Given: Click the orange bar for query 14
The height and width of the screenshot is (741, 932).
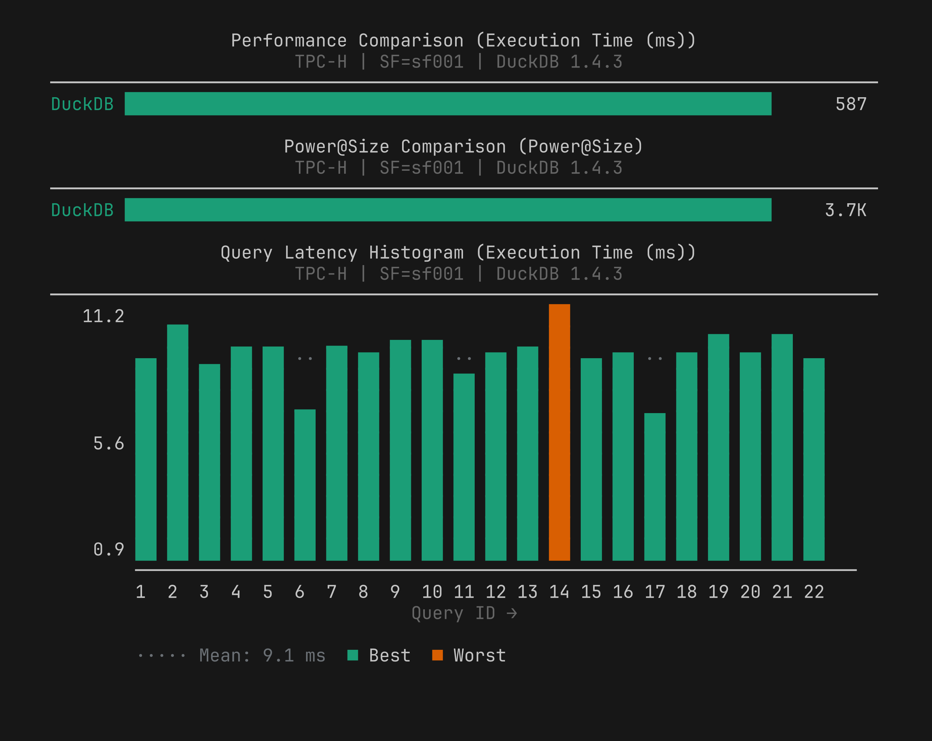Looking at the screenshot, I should (x=559, y=432).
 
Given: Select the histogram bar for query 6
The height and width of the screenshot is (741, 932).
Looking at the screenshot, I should (x=305, y=484).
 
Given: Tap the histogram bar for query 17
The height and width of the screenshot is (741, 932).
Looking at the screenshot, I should (x=655, y=486).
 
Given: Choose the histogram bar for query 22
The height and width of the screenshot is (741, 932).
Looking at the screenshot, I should (x=814, y=459).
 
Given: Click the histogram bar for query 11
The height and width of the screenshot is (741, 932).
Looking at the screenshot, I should (x=464, y=467).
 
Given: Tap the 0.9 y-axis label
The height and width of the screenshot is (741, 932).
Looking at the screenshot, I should (x=109, y=549).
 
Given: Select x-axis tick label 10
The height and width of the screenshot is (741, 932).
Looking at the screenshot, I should (x=432, y=592).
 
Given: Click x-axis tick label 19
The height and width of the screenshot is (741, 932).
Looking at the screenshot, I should (x=718, y=592).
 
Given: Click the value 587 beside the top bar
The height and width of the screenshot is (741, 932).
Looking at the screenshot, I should (x=851, y=104).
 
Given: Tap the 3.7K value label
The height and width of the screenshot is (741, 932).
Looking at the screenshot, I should (x=845, y=210).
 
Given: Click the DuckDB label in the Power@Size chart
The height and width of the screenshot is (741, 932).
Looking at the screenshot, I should (x=82, y=210).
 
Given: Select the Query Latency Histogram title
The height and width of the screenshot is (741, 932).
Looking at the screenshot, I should (x=458, y=252).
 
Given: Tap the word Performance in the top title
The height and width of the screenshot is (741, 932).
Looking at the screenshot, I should (x=289, y=41).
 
